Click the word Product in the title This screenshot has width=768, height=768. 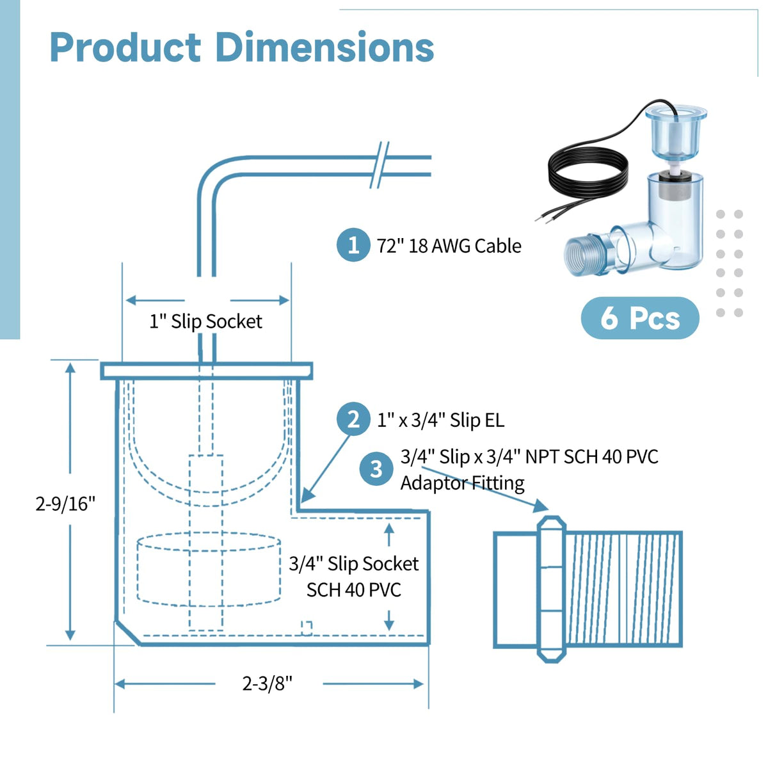coord(125,48)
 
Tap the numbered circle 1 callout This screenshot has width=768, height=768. coord(353,244)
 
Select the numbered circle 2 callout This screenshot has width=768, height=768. coord(353,419)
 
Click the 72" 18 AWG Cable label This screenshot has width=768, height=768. coord(449,246)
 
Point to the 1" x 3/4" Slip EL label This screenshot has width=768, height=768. coord(441,420)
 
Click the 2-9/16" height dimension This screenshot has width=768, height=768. coord(66,504)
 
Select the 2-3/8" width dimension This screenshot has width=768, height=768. coord(268,684)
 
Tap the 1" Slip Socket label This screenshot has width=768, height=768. coord(205,322)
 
